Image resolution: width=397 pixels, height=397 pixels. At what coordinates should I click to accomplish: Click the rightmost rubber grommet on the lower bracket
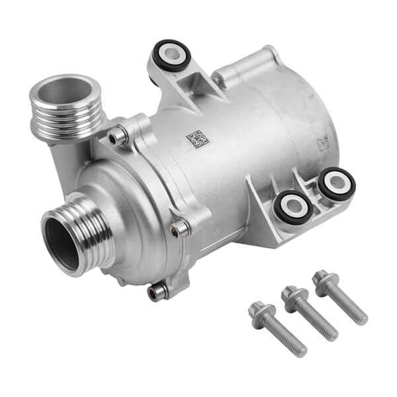335,184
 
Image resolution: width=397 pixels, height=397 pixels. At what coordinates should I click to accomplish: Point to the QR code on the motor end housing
322,142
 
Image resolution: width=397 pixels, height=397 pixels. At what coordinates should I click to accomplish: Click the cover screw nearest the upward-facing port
118,136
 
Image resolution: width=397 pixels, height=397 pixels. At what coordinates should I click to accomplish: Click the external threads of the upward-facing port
66,119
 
